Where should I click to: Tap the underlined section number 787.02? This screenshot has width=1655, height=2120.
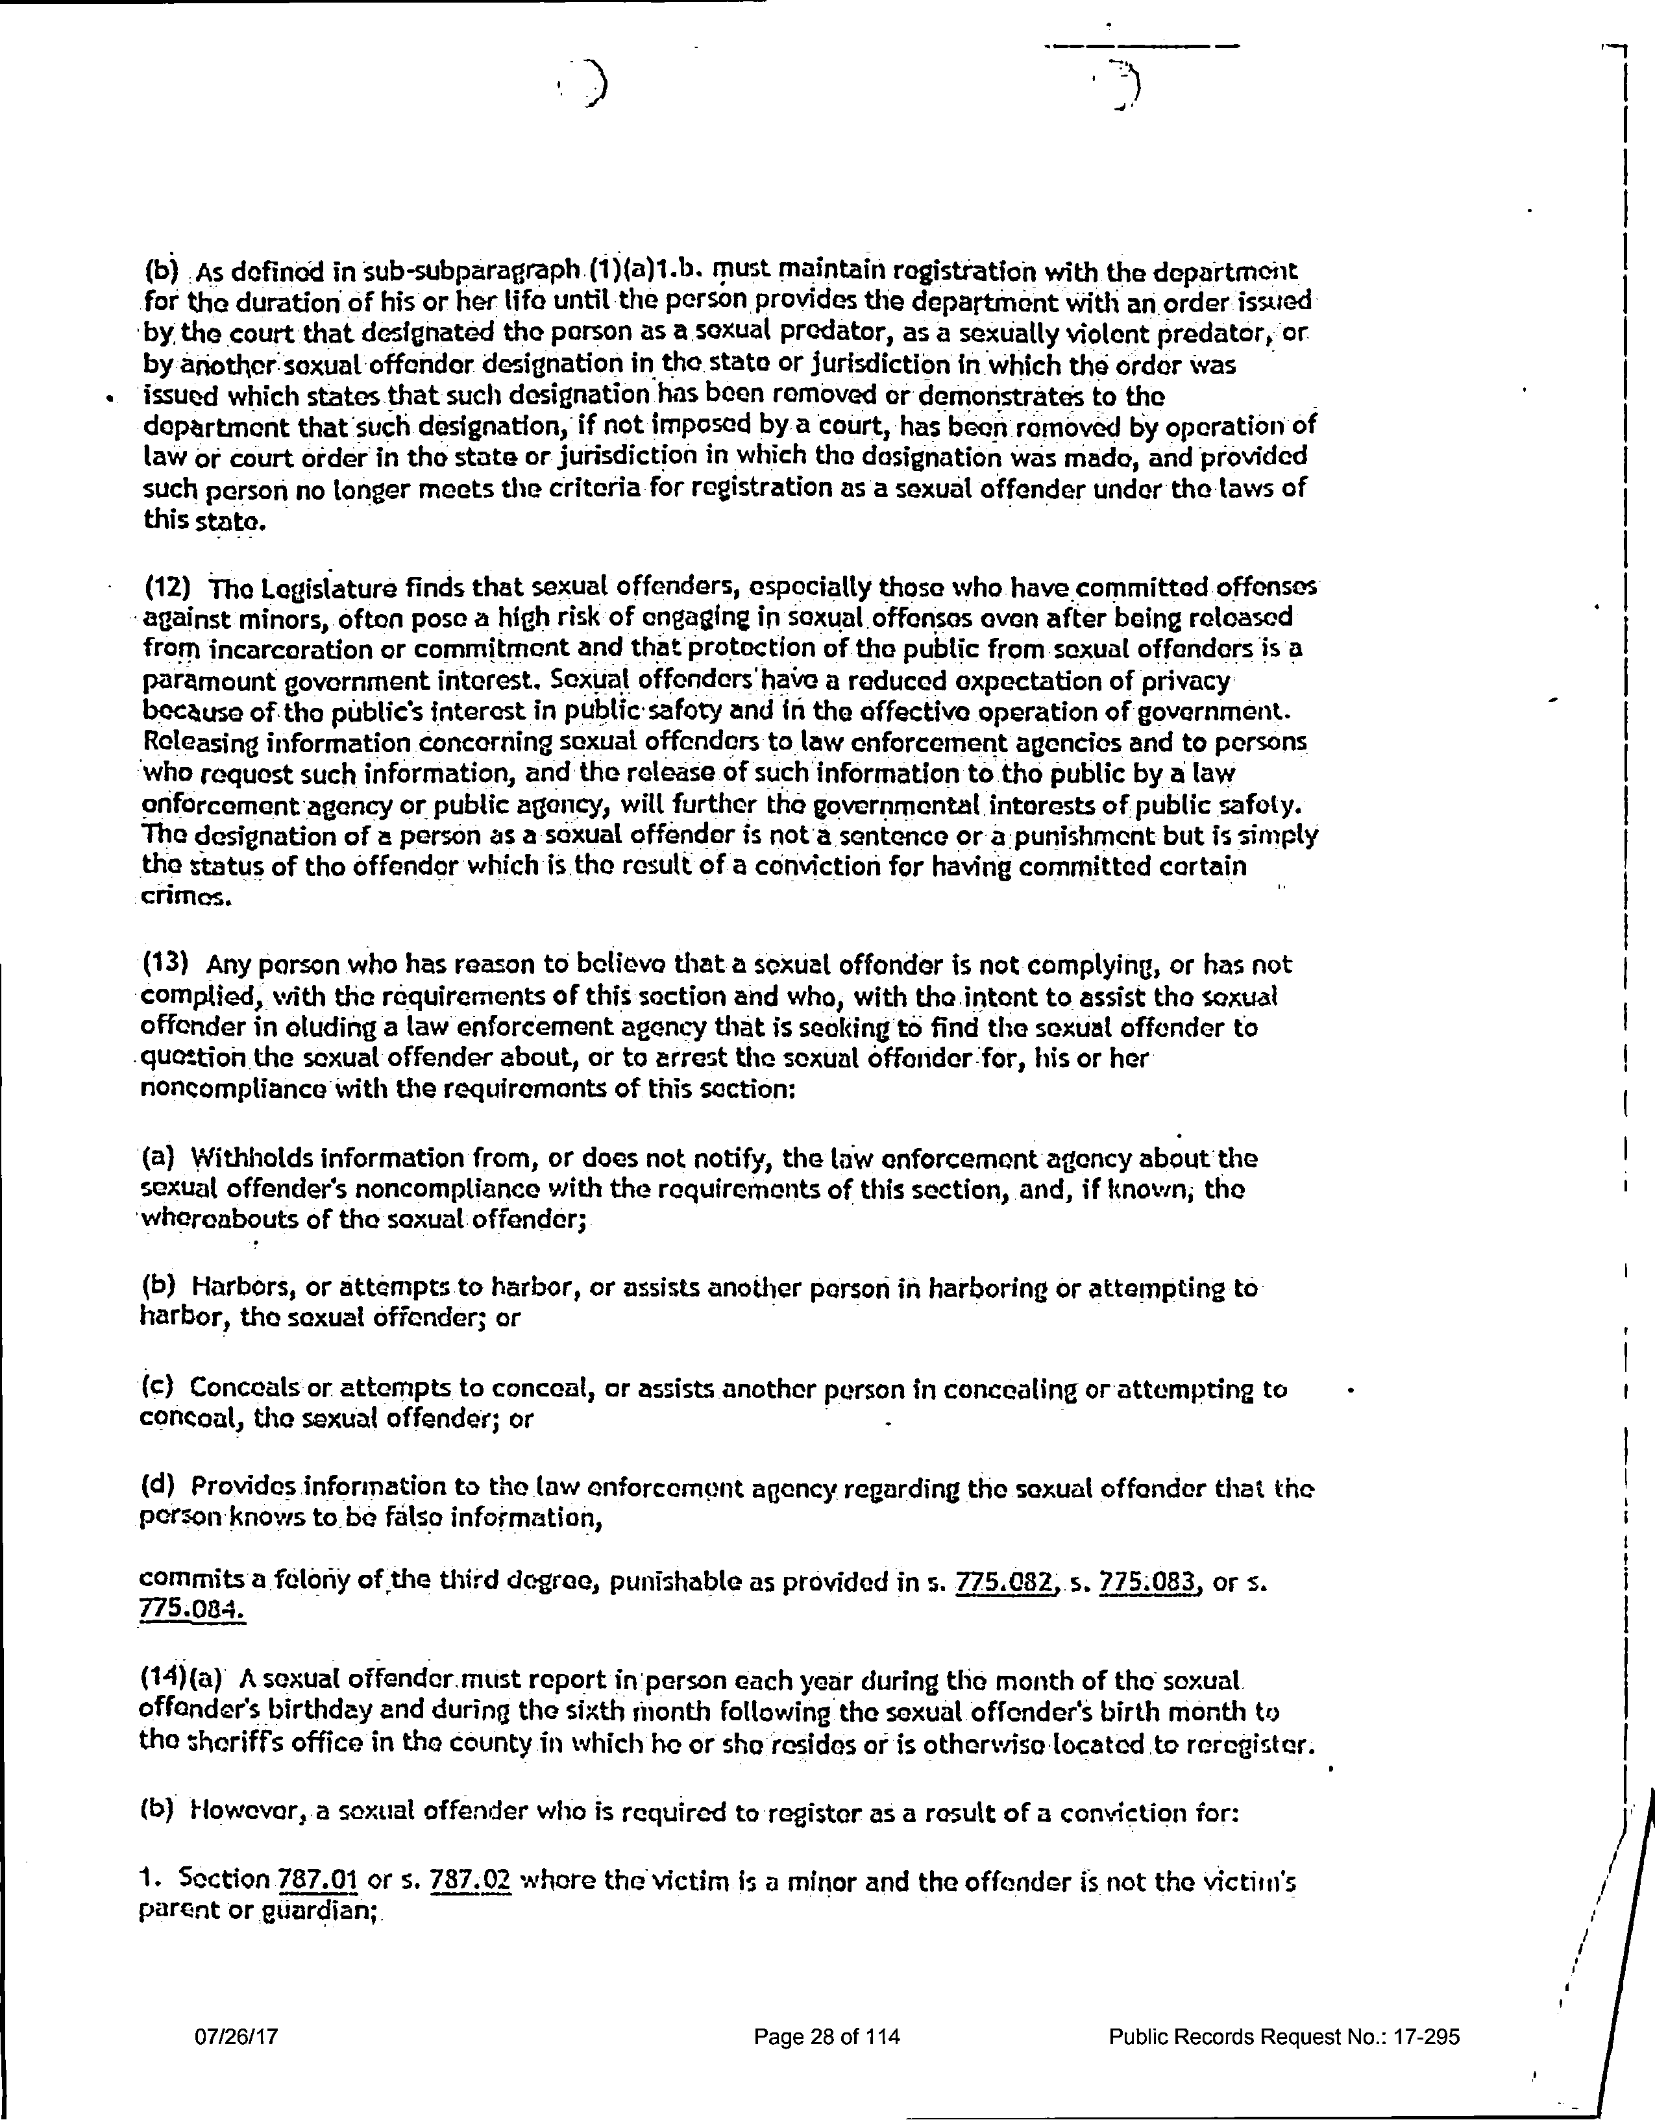(470, 1881)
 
